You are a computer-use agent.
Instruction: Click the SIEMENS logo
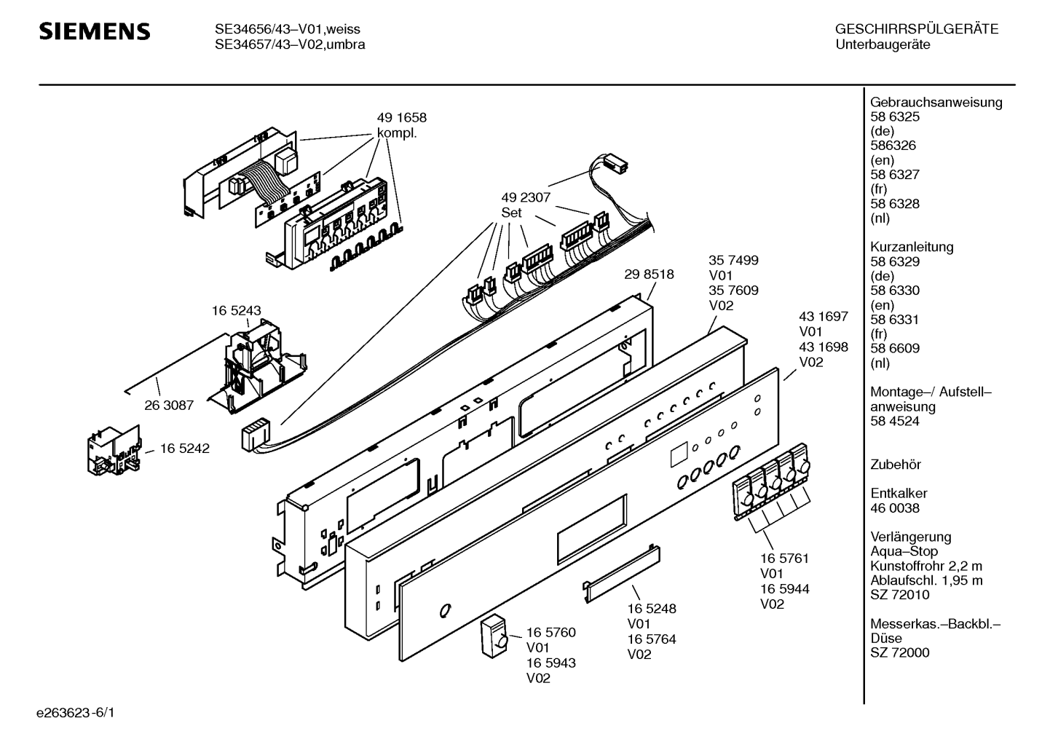pos(95,31)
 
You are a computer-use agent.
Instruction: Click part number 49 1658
pos(401,117)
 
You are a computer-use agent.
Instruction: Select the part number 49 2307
pos(525,197)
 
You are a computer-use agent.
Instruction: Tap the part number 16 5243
pos(236,310)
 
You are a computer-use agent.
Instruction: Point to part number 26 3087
pos(169,405)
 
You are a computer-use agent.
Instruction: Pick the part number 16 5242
pos(184,449)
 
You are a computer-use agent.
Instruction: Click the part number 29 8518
pos(649,275)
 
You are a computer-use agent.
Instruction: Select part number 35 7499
pos(733,260)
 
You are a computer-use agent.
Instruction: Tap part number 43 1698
pos(824,347)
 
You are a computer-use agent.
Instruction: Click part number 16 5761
pos(784,559)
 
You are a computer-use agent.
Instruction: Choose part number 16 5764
pos(652,639)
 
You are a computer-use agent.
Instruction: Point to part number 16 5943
pos(550,663)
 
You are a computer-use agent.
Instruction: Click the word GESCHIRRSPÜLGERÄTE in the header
pos(916,29)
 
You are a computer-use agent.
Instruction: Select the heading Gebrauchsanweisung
pos(936,102)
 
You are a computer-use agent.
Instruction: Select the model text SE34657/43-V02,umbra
pos(289,44)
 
